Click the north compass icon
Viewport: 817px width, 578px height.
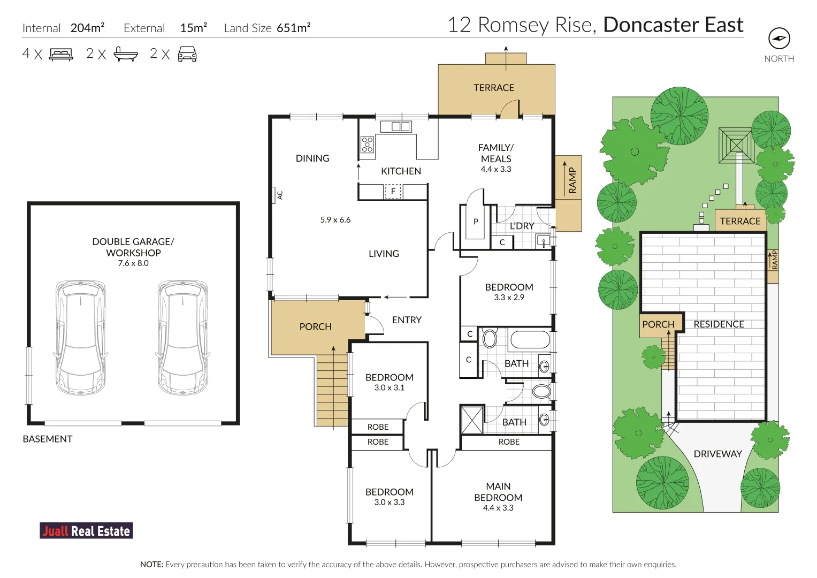click(x=779, y=39)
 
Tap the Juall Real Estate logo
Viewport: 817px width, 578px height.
click(x=86, y=530)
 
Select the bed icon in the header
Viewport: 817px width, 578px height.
click(x=62, y=55)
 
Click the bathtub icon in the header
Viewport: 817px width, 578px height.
click(x=126, y=54)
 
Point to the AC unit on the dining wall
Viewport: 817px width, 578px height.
click(x=273, y=195)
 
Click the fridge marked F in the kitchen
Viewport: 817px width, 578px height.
click(x=393, y=191)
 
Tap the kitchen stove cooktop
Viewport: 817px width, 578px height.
click(x=367, y=144)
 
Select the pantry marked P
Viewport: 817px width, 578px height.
click(x=475, y=222)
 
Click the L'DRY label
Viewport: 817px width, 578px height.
click(x=522, y=226)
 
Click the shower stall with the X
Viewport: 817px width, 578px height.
click(x=472, y=420)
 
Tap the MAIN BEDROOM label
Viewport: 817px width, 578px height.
click(x=498, y=492)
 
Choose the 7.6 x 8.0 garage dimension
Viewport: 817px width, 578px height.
click(x=133, y=263)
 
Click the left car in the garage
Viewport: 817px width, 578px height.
click(x=81, y=338)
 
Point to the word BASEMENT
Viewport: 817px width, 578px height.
click(x=48, y=439)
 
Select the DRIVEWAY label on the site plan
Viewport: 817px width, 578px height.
click(x=718, y=454)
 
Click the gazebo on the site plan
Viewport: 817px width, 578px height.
click(x=736, y=145)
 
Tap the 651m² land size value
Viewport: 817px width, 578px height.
click(x=294, y=28)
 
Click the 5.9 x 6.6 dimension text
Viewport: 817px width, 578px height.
click(x=335, y=219)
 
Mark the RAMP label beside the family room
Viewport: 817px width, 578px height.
click(x=572, y=180)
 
